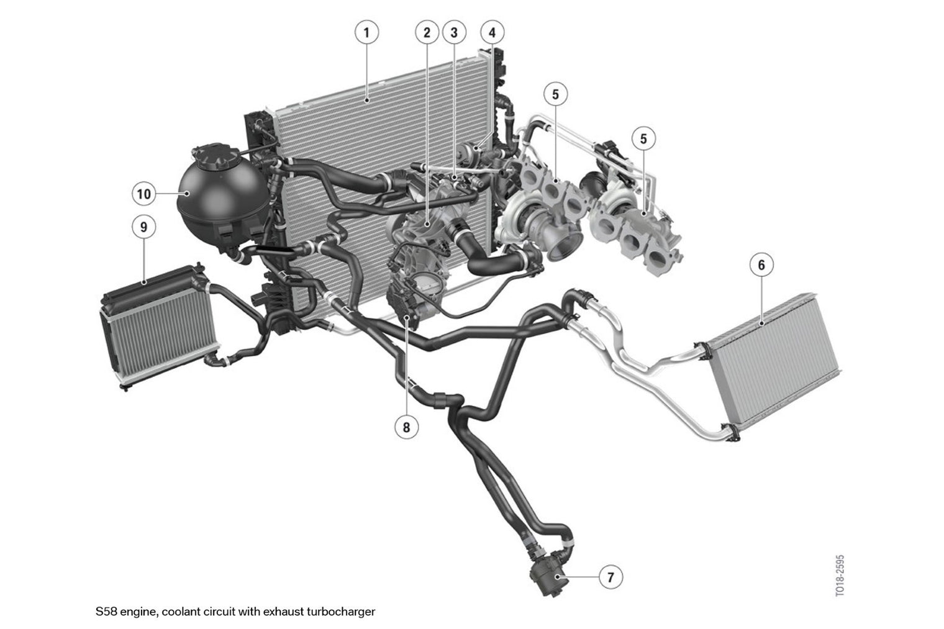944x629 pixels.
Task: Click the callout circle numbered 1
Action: click(x=366, y=32)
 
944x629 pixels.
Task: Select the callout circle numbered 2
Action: click(x=427, y=32)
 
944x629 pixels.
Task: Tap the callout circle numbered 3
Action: click(x=454, y=32)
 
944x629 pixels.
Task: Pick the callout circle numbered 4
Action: click(x=492, y=32)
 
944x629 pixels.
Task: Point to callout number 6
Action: click(x=761, y=265)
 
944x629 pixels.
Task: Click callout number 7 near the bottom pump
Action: click(x=610, y=577)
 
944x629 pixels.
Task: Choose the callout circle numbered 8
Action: click(x=406, y=427)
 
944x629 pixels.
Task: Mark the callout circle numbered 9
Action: click(x=143, y=227)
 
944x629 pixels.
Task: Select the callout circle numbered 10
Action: click(x=143, y=194)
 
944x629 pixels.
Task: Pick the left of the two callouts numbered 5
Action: click(x=555, y=94)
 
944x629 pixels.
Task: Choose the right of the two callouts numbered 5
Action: click(x=643, y=138)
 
